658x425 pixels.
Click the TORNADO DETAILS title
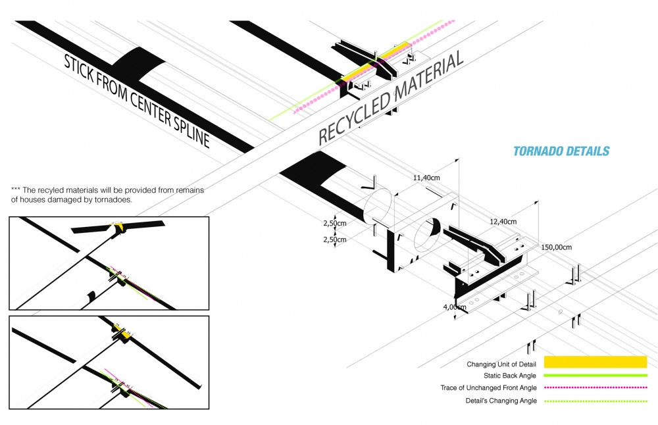[561, 151]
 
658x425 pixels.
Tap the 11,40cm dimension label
[427, 178]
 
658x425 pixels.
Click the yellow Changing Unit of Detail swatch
[595, 362]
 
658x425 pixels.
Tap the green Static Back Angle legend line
[595, 375]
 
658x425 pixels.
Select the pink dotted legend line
[595, 387]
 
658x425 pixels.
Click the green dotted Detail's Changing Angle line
[595, 401]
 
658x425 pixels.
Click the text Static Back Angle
[510, 376]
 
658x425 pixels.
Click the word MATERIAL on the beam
[428, 77]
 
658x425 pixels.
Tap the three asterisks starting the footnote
[16, 190]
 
